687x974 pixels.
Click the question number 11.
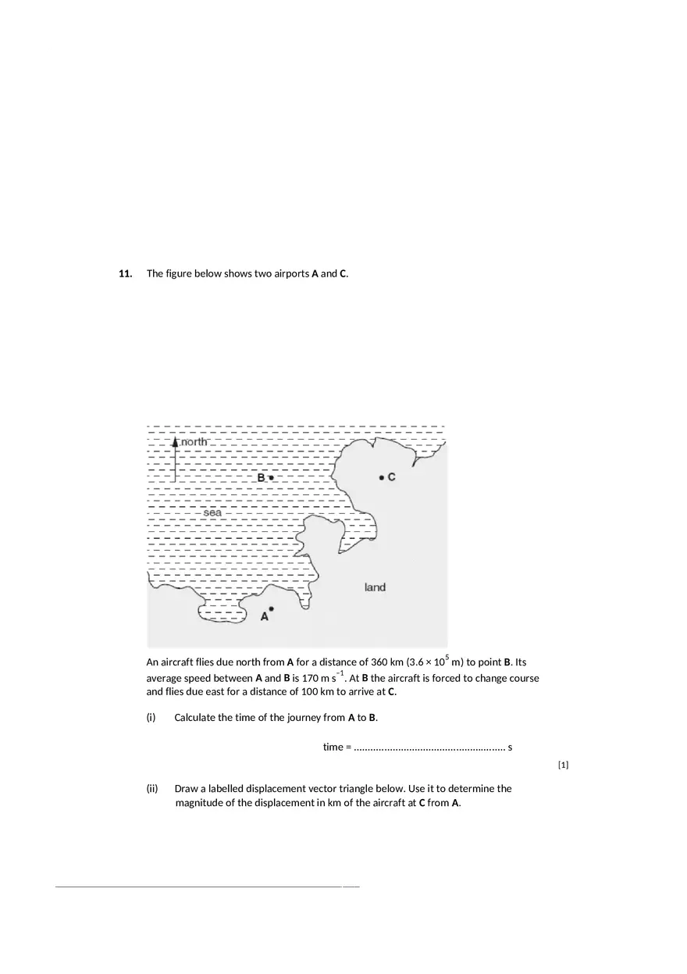pyautogui.click(x=125, y=273)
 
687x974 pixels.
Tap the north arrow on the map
pyautogui.click(x=175, y=458)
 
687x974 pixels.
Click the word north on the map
pyautogui.click(x=194, y=442)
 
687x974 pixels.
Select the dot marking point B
pyautogui.click(x=271, y=477)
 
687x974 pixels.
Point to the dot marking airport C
pyautogui.click(x=381, y=477)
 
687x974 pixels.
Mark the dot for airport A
pyautogui.click(x=271, y=608)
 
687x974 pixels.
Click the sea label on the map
pyautogui.click(x=212, y=513)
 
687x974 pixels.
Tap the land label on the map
pyautogui.click(x=375, y=587)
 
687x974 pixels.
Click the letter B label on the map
pyautogui.click(x=262, y=477)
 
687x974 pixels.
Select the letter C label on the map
pyautogui.click(x=391, y=477)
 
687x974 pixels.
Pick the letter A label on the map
pyautogui.click(x=264, y=617)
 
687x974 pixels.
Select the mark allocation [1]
pyautogui.click(x=563, y=765)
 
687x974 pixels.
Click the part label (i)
pyautogui.click(x=151, y=718)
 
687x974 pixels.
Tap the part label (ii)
pyautogui.click(x=152, y=789)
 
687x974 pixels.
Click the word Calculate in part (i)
pyautogui.click(x=197, y=718)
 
